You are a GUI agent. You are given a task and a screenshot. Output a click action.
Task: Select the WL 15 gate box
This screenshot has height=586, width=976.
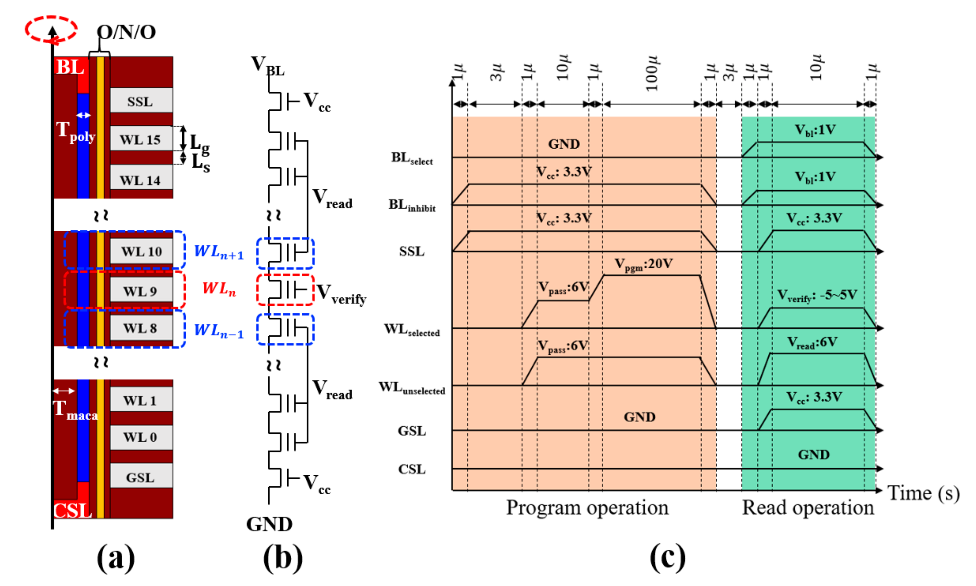tap(141, 139)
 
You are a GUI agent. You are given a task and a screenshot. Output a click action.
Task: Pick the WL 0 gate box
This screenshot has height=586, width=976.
tap(141, 437)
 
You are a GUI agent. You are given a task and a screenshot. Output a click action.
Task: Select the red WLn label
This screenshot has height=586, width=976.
tap(219, 289)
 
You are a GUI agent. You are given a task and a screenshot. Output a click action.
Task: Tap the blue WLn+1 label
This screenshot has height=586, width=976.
tap(219, 251)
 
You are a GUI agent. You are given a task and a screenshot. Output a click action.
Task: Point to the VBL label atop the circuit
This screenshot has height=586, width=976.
tap(267, 66)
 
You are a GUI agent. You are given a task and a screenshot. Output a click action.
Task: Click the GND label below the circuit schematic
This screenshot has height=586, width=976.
tap(269, 524)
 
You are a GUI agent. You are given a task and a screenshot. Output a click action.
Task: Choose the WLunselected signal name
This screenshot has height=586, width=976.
tap(412, 388)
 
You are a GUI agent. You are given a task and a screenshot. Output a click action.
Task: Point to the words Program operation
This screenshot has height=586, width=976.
tap(587, 507)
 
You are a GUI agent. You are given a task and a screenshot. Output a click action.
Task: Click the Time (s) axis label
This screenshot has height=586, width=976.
tap(923, 494)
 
